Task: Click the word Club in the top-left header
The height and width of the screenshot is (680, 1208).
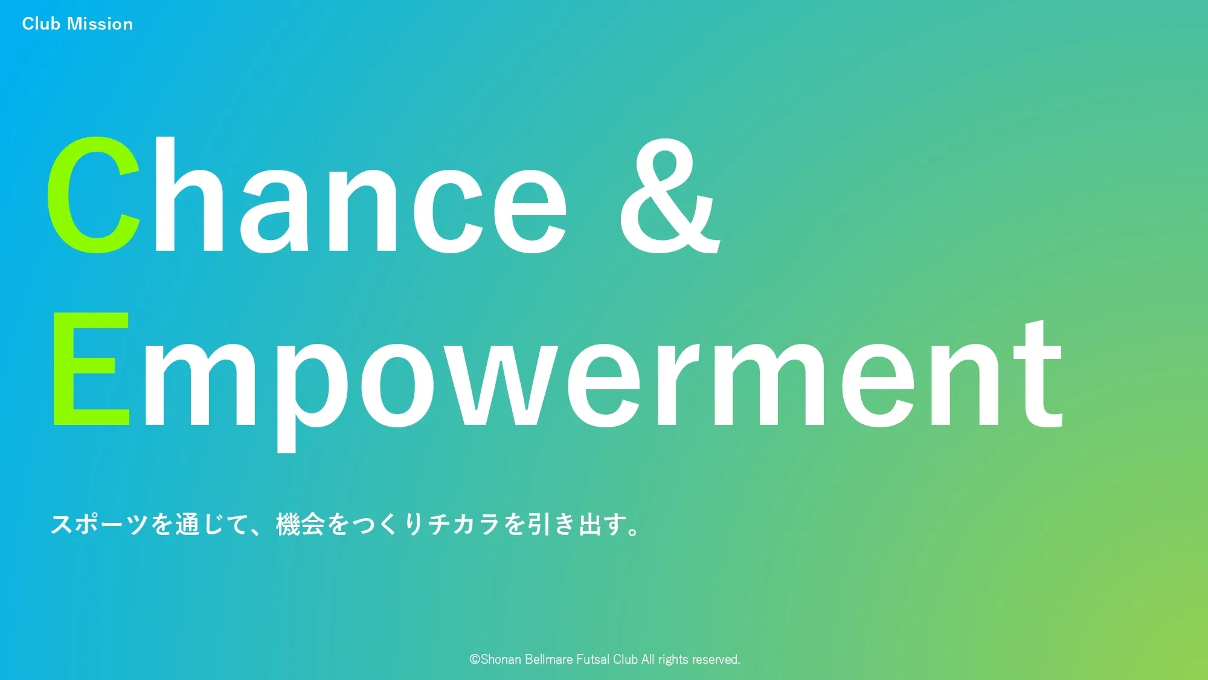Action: pyautogui.click(x=41, y=24)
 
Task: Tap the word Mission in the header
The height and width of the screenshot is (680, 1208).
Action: pyautogui.click(x=100, y=24)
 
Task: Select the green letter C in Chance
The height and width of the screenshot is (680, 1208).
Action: pyautogui.click(x=94, y=195)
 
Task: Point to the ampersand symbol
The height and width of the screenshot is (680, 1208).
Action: pyautogui.click(x=670, y=195)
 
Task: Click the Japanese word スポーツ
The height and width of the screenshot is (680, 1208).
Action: pyautogui.click(x=100, y=524)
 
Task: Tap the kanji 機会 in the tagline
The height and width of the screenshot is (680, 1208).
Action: pyautogui.click(x=300, y=524)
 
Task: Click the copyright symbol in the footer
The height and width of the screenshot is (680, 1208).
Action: pyautogui.click(x=475, y=659)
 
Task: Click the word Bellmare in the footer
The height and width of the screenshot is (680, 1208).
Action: pyautogui.click(x=549, y=659)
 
